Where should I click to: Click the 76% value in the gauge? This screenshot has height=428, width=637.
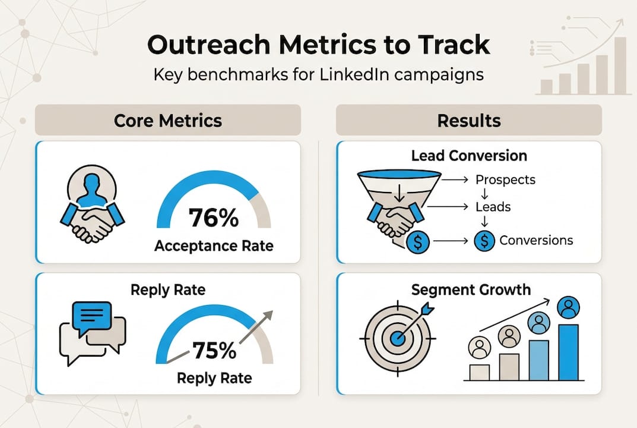(x=214, y=218)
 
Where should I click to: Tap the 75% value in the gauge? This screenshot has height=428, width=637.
(x=214, y=351)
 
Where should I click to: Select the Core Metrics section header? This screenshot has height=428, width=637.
(x=168, y=121)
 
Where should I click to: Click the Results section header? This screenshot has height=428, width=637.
(x=469, y=121)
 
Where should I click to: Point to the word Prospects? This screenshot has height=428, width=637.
(x=505, y=180)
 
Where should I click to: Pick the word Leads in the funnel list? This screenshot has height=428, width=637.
(x=493, y=207)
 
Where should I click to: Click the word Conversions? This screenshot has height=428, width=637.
(x=536, y=240)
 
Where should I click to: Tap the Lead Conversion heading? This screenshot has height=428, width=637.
(x=469, y=156)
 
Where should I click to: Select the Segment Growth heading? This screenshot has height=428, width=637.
(x=471, y=290)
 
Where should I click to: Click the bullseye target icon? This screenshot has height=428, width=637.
(x=397, y=337)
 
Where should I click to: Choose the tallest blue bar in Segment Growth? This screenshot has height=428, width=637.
(x=568, y=352)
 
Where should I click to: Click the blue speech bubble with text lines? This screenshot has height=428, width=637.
(x=91, y=315)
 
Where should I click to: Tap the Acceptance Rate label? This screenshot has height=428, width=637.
(x=214, y=246)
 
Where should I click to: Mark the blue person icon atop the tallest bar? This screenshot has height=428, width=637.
(x=569, y=307)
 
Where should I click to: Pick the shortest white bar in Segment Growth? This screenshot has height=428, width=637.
(x=479, y=372)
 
